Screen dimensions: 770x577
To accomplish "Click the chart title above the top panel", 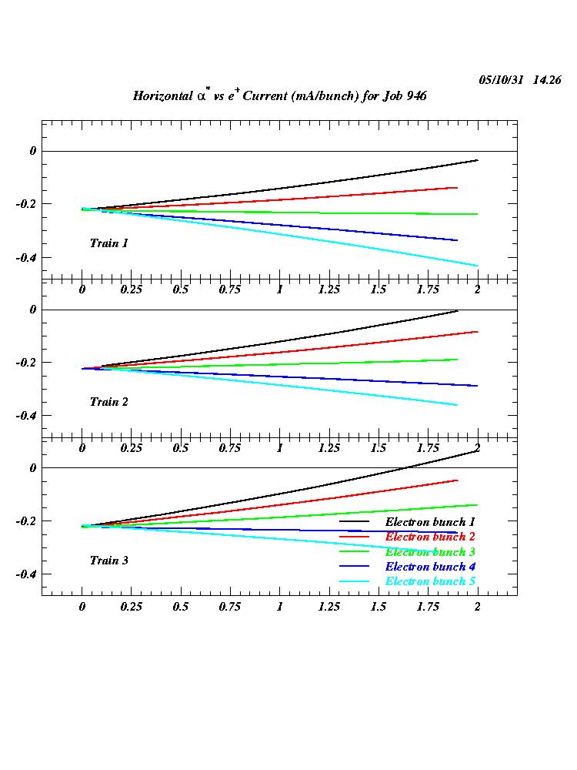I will click(279, 95).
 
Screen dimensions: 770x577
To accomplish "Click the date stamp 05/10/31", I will click(502, 79).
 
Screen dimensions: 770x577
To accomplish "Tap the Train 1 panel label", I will click(108, 243).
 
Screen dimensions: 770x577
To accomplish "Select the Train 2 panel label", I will click(108, 402).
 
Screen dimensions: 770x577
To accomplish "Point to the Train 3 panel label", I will click(108, 561).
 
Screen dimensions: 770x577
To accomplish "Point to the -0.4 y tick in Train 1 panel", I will click(27, 257).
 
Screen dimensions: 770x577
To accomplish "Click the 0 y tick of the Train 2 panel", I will click(33, 310).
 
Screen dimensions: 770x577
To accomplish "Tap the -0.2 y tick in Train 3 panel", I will click(27, 521).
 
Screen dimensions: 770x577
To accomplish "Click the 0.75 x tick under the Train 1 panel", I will click(229, 290).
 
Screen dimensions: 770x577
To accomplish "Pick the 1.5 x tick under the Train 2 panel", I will click(378, 448).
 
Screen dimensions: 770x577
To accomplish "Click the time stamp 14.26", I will click(547, 79).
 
